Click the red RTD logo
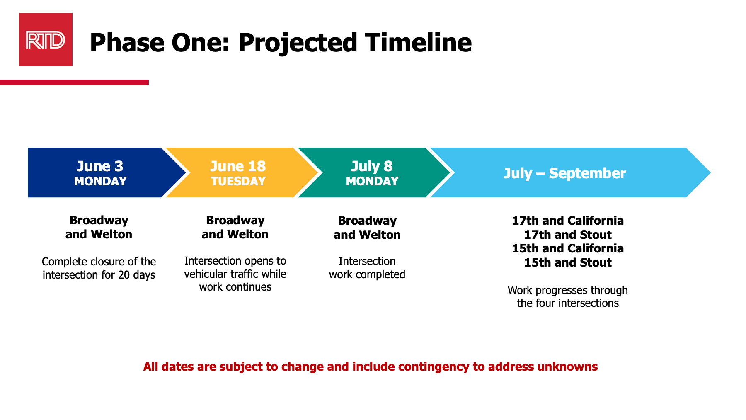[x=46, y=40]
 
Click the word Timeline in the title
[x=418, y=43]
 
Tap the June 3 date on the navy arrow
[x=100, y=166]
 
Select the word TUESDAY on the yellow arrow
[x=238, y=182]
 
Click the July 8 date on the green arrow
[x=372, y=166]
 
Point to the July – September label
[x=564, y=173]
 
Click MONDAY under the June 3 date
[x=100, y=182]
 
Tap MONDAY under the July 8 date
[x=372, y=182]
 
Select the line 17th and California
[x=567, y=221]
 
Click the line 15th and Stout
[x=567, y=262]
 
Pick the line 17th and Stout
[x=567, y=235]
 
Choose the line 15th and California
[x=567, y=248]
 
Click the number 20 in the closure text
[x=124, y=275]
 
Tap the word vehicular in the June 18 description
[x=203, y=274]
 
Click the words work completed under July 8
[x=367, y=274]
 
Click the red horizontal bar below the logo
[x=75, y=83]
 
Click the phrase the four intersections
[x=567, y=303]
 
